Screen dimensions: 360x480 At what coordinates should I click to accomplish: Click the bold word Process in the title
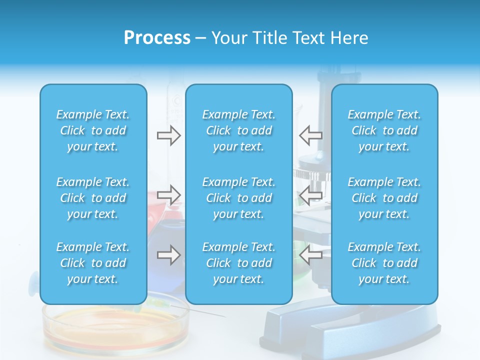pyautogui.click(x=157, y=38)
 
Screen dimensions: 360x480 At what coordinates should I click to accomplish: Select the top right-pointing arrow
pyautogui.click(x=169, y=135)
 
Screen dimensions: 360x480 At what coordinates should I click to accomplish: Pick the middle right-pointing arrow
pyautogui.click(x=169, y=194)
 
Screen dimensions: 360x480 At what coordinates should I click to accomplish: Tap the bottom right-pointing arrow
pyautogui.click(x=169, y=255)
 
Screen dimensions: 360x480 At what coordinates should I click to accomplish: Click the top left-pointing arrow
pyautogui.click(x=310, y=135)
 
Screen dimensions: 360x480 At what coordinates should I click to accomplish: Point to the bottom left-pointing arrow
pyautogui.click(x=310, y=255)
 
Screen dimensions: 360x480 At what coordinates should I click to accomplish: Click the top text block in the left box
pyautogui.click(x=93, y=130)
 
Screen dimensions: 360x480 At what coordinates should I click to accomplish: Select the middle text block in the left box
pyautogui.click(x=93, y=198)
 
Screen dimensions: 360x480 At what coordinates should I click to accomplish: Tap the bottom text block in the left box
pyautogui.click(x=93, y=263)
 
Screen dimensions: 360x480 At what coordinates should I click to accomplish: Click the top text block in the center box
pyautogui.click(x=238, y=130)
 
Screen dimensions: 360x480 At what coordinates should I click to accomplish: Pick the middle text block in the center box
pyautogui.click(x=238, y=198)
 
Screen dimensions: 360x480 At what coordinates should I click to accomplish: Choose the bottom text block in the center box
pyautogui.click(x=238, y=263)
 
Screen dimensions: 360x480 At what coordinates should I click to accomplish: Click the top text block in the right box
pyautogui.click(x=384, y=130)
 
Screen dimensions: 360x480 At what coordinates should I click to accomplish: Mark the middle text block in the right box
pyautogui.click(x=384, y=198)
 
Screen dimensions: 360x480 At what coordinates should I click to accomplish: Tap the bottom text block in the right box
pyautogui.click(x=384, y=263)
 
